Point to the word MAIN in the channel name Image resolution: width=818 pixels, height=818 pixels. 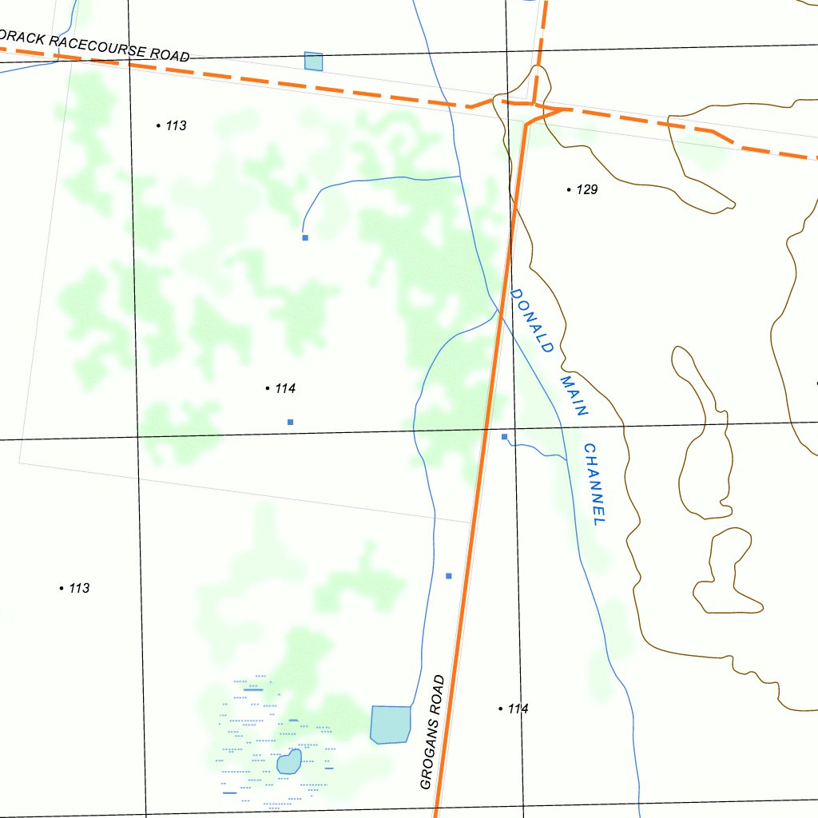pyautogui.click(x=574, y=395)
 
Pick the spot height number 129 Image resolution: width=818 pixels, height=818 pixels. pyautogui.click(x=586, y=190)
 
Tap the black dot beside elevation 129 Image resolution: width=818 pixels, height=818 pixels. pyautogui.click(x=569, y=190)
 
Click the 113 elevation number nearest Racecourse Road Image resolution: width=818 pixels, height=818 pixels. pyautogui.click(x=176, y=125)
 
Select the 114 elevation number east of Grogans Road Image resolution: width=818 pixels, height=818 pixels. pyautogui.click(x=518, y=709)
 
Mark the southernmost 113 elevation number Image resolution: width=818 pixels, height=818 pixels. pyautogui.click(x=79, y=589)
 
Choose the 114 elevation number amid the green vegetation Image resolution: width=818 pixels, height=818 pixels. pyautogui.click(x=285, y=389)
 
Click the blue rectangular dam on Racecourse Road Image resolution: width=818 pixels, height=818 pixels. pyautogui.click(x=313, y=62)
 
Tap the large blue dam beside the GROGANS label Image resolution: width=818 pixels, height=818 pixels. pyautogui.click(x=391, y=724)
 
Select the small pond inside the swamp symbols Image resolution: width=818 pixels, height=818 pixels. pyautogui.click(x=288, y=761)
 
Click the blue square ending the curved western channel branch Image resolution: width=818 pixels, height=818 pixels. pyautogui.click(x=305, y=237)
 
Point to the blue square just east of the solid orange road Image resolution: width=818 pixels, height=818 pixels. pyautogui.click(x=504, y=437)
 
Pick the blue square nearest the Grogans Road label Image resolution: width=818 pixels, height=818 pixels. pyautogui.click(x=449, y=576)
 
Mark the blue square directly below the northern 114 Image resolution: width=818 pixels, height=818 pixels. pyautogui.click(x=291, y=422)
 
